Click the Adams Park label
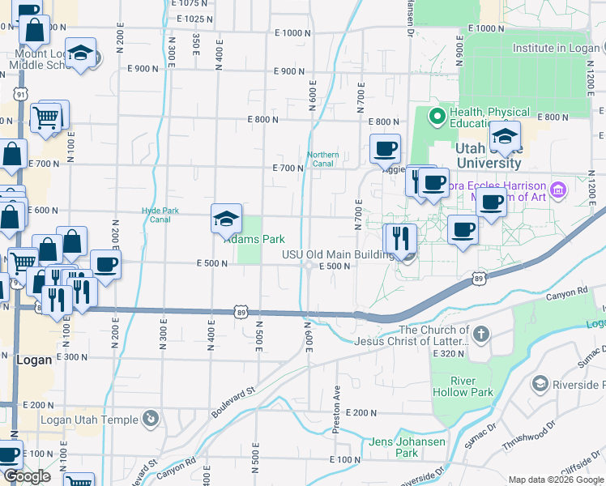[254, 239]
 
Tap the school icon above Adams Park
[226, 218]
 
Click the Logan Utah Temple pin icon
[149, 419]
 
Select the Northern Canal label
[322, 159]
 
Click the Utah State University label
[488, 156]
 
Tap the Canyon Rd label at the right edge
[565, 294]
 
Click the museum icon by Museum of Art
[557, 191]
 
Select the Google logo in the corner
[27, 476]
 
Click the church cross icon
[481, 334]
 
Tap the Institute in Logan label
[555, 48]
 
